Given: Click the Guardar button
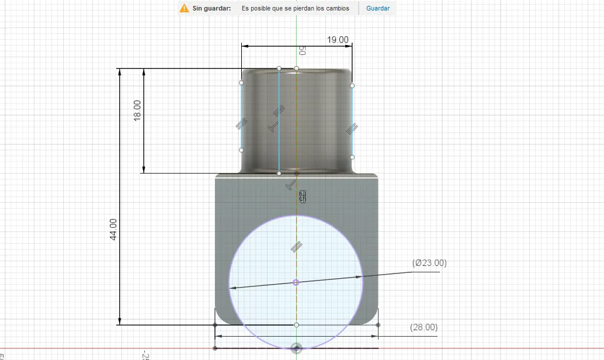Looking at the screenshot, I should pos(377,8).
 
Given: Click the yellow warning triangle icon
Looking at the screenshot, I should pos(184,8).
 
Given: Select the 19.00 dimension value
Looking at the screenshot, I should pos(338,40).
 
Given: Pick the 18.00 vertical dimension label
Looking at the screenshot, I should pos(137,110).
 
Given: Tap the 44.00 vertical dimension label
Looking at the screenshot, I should pos(113,229).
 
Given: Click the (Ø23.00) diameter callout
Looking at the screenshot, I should pos(429,263).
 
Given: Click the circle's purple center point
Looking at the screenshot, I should pos(296,282).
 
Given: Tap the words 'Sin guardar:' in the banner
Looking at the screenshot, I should pos(212,8).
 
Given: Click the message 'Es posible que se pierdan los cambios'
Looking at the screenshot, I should pos(295,8).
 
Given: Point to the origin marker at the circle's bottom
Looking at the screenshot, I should pos(297,348).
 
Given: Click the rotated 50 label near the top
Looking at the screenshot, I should pos(302,51).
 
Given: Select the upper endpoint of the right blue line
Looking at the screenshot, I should pos(352,86).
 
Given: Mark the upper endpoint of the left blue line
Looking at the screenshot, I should pos(241,83).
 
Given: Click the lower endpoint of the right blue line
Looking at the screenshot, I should pos(352,157).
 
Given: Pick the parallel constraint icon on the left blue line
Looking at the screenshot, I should pos(241,123).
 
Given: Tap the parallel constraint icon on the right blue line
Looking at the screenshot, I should pos(352,127).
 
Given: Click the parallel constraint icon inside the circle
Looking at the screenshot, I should pos(296,247).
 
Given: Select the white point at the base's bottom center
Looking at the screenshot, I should pos(297,325).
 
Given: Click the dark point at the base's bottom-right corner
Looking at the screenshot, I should pos(379,325).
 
